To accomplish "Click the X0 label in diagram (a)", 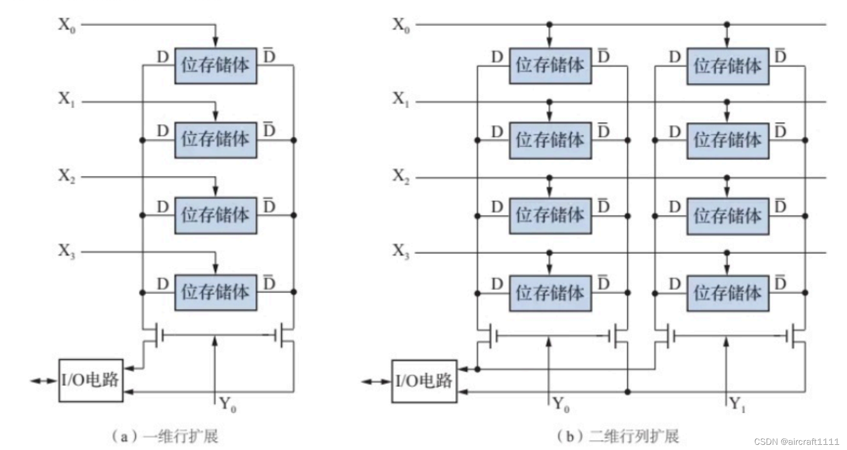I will [x=66, y=24].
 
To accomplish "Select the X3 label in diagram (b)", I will [x=401, y=251].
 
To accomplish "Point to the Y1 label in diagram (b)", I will [x=737, y=403].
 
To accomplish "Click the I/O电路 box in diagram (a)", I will [x=91, y=381].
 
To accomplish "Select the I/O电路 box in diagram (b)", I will [x=424, y=381].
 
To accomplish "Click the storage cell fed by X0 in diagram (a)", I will [x=215, y=66].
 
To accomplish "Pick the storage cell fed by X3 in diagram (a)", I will [x=215, y=293].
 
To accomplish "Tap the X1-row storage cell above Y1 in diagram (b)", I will [x=727, y=140].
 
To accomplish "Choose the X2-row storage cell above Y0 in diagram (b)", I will [x=550, y=215].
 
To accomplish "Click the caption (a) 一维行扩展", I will [x=164, y=436].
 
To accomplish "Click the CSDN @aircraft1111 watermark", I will [x=796, y=442].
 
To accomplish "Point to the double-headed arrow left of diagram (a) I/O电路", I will [x=43, y=381].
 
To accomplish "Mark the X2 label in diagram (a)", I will [x=66, y=176].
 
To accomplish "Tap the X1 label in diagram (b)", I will [x=401, y=98].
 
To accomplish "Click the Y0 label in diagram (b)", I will [x=560, y=403].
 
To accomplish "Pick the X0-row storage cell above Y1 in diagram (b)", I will [x=727, y=66].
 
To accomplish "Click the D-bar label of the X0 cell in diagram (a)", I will [x=269, y=55].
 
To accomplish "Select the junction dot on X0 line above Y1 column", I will [x=727, y=24].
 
